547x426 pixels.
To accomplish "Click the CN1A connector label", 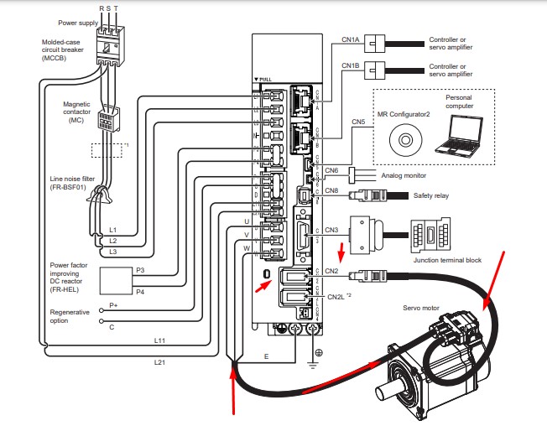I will click(351, 39).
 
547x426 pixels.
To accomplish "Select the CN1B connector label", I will click(351, 65).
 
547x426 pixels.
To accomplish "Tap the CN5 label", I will click(358, 122).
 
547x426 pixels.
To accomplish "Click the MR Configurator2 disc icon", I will click(404, 136).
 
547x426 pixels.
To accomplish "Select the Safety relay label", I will click(431, 195).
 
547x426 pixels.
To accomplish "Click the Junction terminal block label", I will click(448, 260).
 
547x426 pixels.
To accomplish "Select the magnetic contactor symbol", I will click(108, 122).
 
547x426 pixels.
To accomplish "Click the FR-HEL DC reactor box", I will click(118, 282).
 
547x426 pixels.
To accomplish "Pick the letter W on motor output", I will click(247, 249).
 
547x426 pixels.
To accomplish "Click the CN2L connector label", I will click(336, 296).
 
